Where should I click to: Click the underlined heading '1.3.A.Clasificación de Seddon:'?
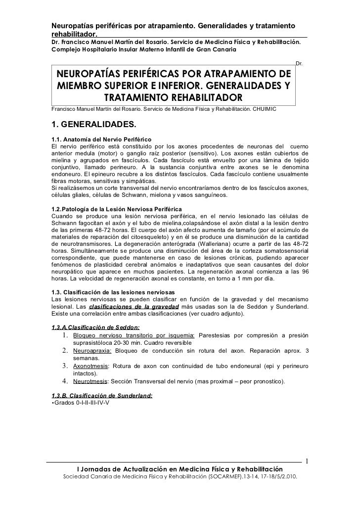95,327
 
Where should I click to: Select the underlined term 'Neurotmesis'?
89,382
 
